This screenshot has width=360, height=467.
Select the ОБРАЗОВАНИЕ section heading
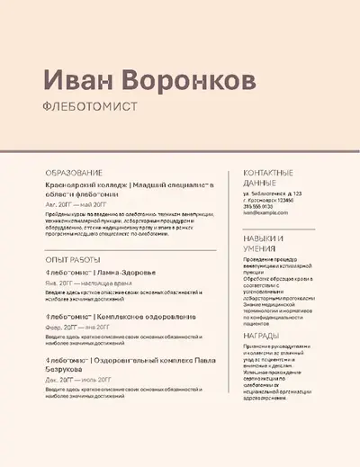74,172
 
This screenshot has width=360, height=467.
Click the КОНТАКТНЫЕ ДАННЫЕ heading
269,176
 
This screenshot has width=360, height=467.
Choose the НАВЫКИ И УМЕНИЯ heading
264,244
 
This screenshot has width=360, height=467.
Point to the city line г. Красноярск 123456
280,200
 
